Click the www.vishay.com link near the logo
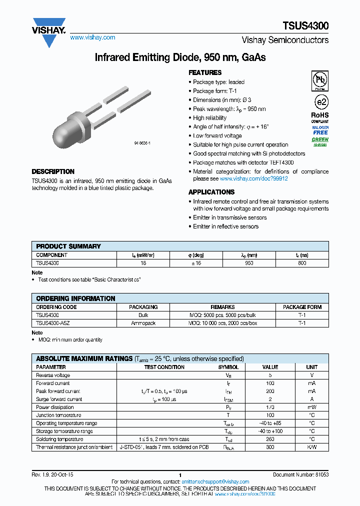click(x=92, y=37)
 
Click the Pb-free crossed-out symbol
click(x=319, y=80)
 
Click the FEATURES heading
click(x=205, y=72)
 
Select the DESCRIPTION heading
click(x=53, y=171)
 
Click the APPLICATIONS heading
click(x=211, y=192)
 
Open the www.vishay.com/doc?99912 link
click(x=254, y=178)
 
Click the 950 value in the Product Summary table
click(x=249, y=262)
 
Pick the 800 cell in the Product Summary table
click(x=302, y=262)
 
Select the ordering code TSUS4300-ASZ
click(x=52, y=323)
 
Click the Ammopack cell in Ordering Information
click(x=143, y=323)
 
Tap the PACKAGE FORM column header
click(x=302, y=307)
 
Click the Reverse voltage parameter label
click(x=53, y=375)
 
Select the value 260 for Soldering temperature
click(x=270, y=439)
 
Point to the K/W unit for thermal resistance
click(x=311, y=447)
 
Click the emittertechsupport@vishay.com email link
click(x=217, y=482)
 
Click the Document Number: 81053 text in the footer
click(x=300, y=474)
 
